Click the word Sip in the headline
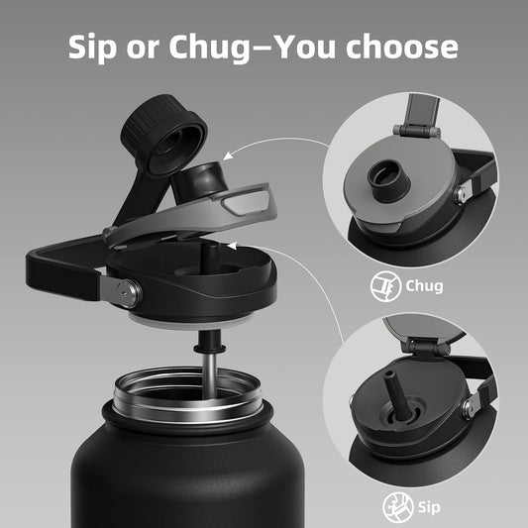pyautogui.click(x=92, y=48)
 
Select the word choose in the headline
pyautogui.click(x=402, y=47)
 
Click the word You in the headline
pyautogui.click(x=306, y=47)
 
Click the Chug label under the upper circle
pyautogui.click(x=424, y=286)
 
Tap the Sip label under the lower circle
pyautogui.click(x=429, y=507)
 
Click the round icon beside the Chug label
pyautogui.click(x=386, y=286)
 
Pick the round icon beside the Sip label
pyautogui.click(x=398, y=507)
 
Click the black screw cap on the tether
pyautogui.click(x=163, y=135)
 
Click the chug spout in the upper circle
pyautogui.click(x=388, y=180)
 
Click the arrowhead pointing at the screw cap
pyautogui.click(x=228, y=156)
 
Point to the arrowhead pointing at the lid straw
pyautogui.click(x=232, y=246)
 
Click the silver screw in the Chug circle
pyautogui.click(x=461, y=193)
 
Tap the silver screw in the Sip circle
pyautogui.click(x=469, y=406)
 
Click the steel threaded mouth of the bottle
pyautogui.click(x=187, y=395)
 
